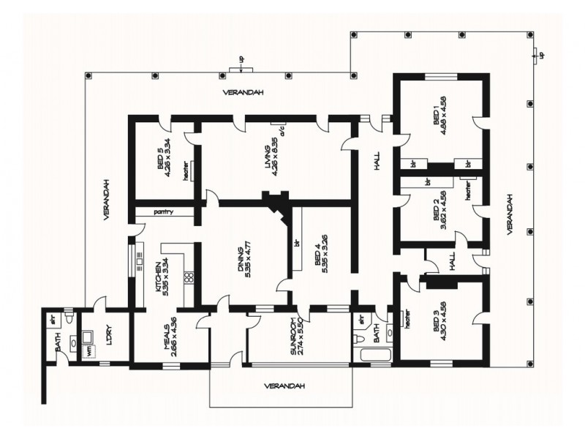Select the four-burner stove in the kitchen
click(187, 277)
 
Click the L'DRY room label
click(109, 345)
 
